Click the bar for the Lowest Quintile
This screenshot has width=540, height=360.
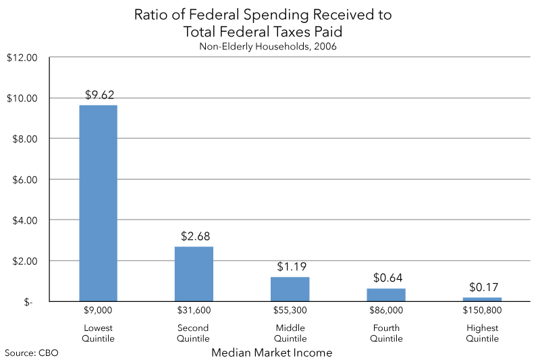[98, 203]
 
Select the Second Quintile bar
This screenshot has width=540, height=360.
[194, 274]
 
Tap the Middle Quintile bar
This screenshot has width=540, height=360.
[290, 289]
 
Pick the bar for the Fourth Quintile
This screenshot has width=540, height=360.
[386, 294]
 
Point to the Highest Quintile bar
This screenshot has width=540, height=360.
[482, 299]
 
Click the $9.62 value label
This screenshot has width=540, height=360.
[99, 95]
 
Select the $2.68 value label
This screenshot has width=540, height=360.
[194, 236]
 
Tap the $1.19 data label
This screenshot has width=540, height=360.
[290, 267]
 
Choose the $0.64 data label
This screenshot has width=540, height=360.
[386, 278]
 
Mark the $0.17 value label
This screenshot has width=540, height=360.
[482, 287]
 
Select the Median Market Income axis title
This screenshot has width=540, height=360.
[271, 353]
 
